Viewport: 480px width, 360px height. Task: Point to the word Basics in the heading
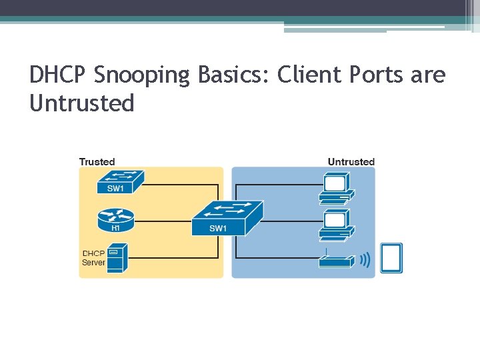click(x=229, y=75)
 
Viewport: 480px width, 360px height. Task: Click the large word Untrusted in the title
click(x=82, y=103)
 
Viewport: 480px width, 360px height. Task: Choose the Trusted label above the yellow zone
click(x=97, y=162)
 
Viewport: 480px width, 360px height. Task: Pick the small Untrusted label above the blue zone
click(x=351, y=162)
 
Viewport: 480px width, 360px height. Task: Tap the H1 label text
click(x=115, y=228)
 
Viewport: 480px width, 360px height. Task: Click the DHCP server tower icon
click(x=117, y=258)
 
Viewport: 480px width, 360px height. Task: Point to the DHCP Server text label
click(x=93, y=258)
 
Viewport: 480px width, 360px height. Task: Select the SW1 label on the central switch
click(x=218, y=229)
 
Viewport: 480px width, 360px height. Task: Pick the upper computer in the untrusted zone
click(x=335, y=187)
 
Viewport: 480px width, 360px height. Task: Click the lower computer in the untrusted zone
click(x=335, y=225)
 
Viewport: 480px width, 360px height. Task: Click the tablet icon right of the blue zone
click(x=391, y=259)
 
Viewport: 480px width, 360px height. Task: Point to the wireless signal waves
click(x=365, y=259)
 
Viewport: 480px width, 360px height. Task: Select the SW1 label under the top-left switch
click(x=115, y=189)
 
